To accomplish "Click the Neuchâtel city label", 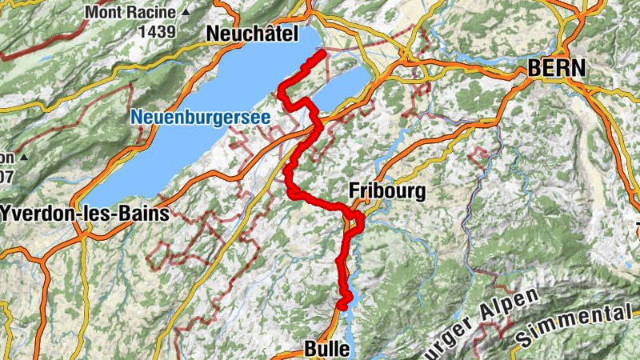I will pyautogui.click(x=251, y=34).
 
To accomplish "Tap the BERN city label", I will pyautogui.click(x=556, y=69).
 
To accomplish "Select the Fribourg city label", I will pyautogui.click(x=387, y=192).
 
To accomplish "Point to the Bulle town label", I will pyautogui.click(x=327, y=349).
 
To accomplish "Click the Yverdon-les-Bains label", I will pyautogui.click(x=86, y=214).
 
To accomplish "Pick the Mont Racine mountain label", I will pyautogui.click(x=132, y=13).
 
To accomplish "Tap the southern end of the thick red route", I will pyautogui.click(x=342, y=305).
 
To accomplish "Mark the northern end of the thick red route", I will pyautogui.click(x=322, y=53).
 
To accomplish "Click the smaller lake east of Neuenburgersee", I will pyautogui.click(x=340, y=89).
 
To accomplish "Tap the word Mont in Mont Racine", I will pyautogui.click(x=105, y=13).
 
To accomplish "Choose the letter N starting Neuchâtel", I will pyautogui.click(x=212, y=34).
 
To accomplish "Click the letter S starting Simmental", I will pyautogui.click(x=522, y=340).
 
